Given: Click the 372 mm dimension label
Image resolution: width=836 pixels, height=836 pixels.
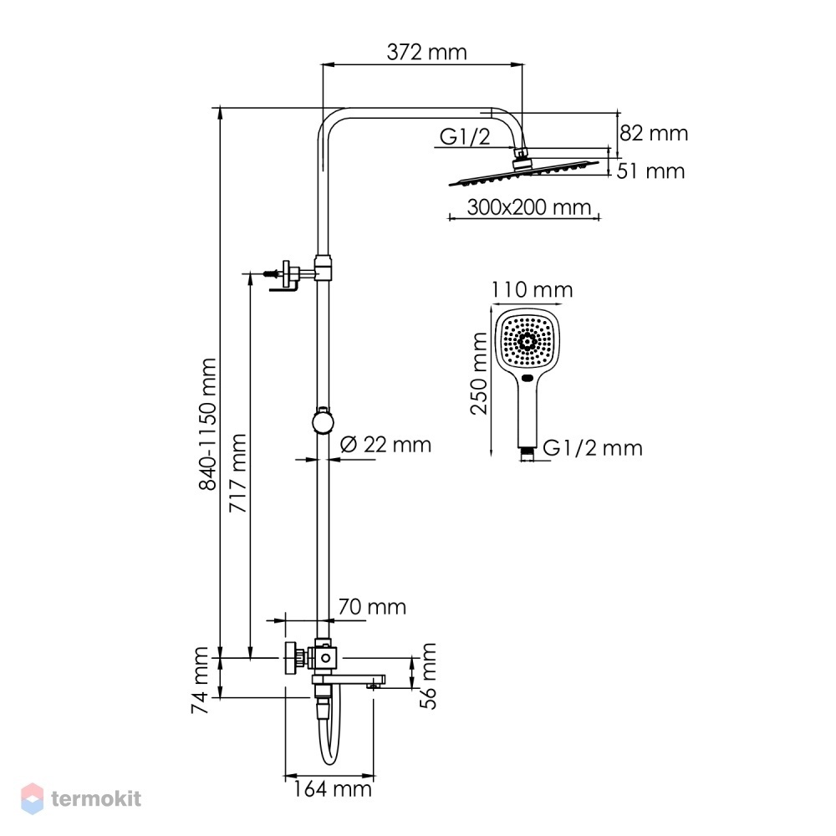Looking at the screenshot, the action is (x=426, y=52).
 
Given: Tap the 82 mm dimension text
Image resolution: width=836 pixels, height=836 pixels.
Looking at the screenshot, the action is (x=654, y=133).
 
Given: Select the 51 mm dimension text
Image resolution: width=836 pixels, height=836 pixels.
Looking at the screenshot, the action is (x=650, y=171).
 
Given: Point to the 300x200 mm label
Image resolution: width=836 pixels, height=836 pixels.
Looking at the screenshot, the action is (x=529, y=206).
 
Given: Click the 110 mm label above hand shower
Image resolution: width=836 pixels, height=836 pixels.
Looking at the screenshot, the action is (x=532, y=290).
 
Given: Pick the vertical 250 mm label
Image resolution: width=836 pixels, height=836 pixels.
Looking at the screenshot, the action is (x=479, y=373).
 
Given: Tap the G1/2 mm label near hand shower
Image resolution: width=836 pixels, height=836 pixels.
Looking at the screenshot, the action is (x=593, y=448).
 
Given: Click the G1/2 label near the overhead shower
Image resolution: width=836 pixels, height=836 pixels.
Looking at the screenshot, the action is (x=464, y=137).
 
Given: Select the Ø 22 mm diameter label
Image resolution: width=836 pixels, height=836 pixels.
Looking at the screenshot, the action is (x=385, y=444).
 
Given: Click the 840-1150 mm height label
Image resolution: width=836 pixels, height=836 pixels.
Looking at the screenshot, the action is (x=207, y=424).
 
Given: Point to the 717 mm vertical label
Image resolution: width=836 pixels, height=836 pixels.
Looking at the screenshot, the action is (x=237, y=473).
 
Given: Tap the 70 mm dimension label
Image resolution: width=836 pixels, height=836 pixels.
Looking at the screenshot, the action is (x=372, y=607).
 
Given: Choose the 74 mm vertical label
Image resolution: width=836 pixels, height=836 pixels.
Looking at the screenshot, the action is (x=200, y=681).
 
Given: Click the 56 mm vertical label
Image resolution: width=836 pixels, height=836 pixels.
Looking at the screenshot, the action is (x=427, y=676).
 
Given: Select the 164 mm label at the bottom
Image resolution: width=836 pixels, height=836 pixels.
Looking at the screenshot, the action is (x=332, y=789).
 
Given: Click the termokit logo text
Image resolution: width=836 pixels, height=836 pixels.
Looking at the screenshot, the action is (x=96, y=798).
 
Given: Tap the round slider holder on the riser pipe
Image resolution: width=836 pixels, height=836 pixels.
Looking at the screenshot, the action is (x=323, y=421).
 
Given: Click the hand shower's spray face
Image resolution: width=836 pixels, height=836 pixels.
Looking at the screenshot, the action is (x=528, y=341).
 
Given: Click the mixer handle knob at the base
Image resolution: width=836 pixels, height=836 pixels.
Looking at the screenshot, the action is (x=292, y=659).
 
